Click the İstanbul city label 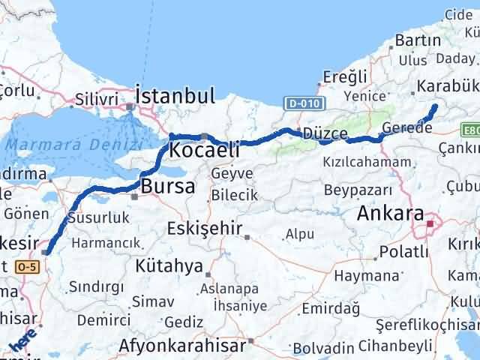click(175, 95)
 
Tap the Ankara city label click(391, 213)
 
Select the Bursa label click(168, 186)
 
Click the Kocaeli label click(205, 150)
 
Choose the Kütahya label click(169, 266)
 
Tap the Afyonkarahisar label click(182, 346)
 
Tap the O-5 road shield click(27, 267)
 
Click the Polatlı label click(403, 251)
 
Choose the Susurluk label click(98, 218)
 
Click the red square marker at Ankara click(430, 223)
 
